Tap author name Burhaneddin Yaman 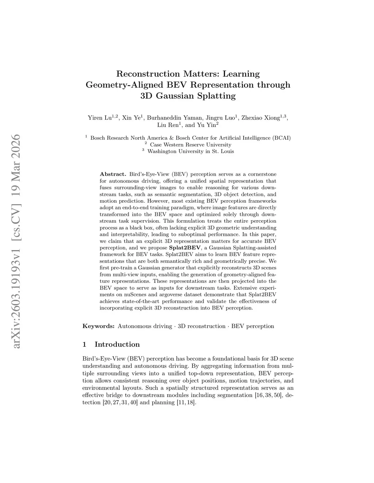pos(175,118)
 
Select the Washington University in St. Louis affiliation pos(190,151)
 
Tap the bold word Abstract pos(113,174)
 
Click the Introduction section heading pos(117,344)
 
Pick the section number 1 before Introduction pos(85,344)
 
